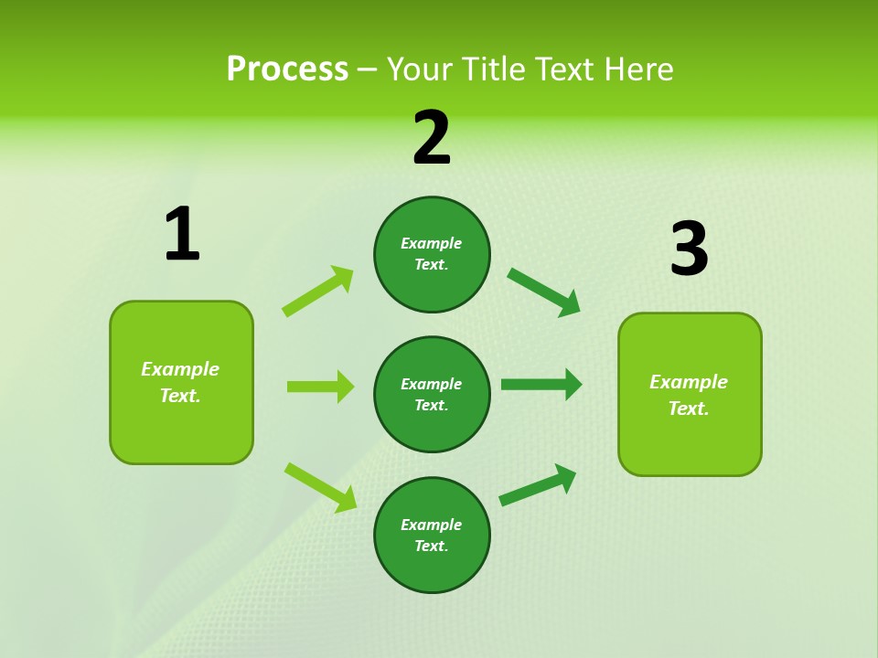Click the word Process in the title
point(287,69)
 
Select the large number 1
point(182,236)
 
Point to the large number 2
point(432,139)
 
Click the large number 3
point(689,250)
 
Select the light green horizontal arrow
point(320,387)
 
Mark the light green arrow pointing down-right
point(321,487)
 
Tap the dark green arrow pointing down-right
point(544,292)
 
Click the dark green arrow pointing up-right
point(538,485)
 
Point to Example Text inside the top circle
point(432,254)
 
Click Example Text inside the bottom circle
point(432,536)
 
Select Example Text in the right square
point(689,395)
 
